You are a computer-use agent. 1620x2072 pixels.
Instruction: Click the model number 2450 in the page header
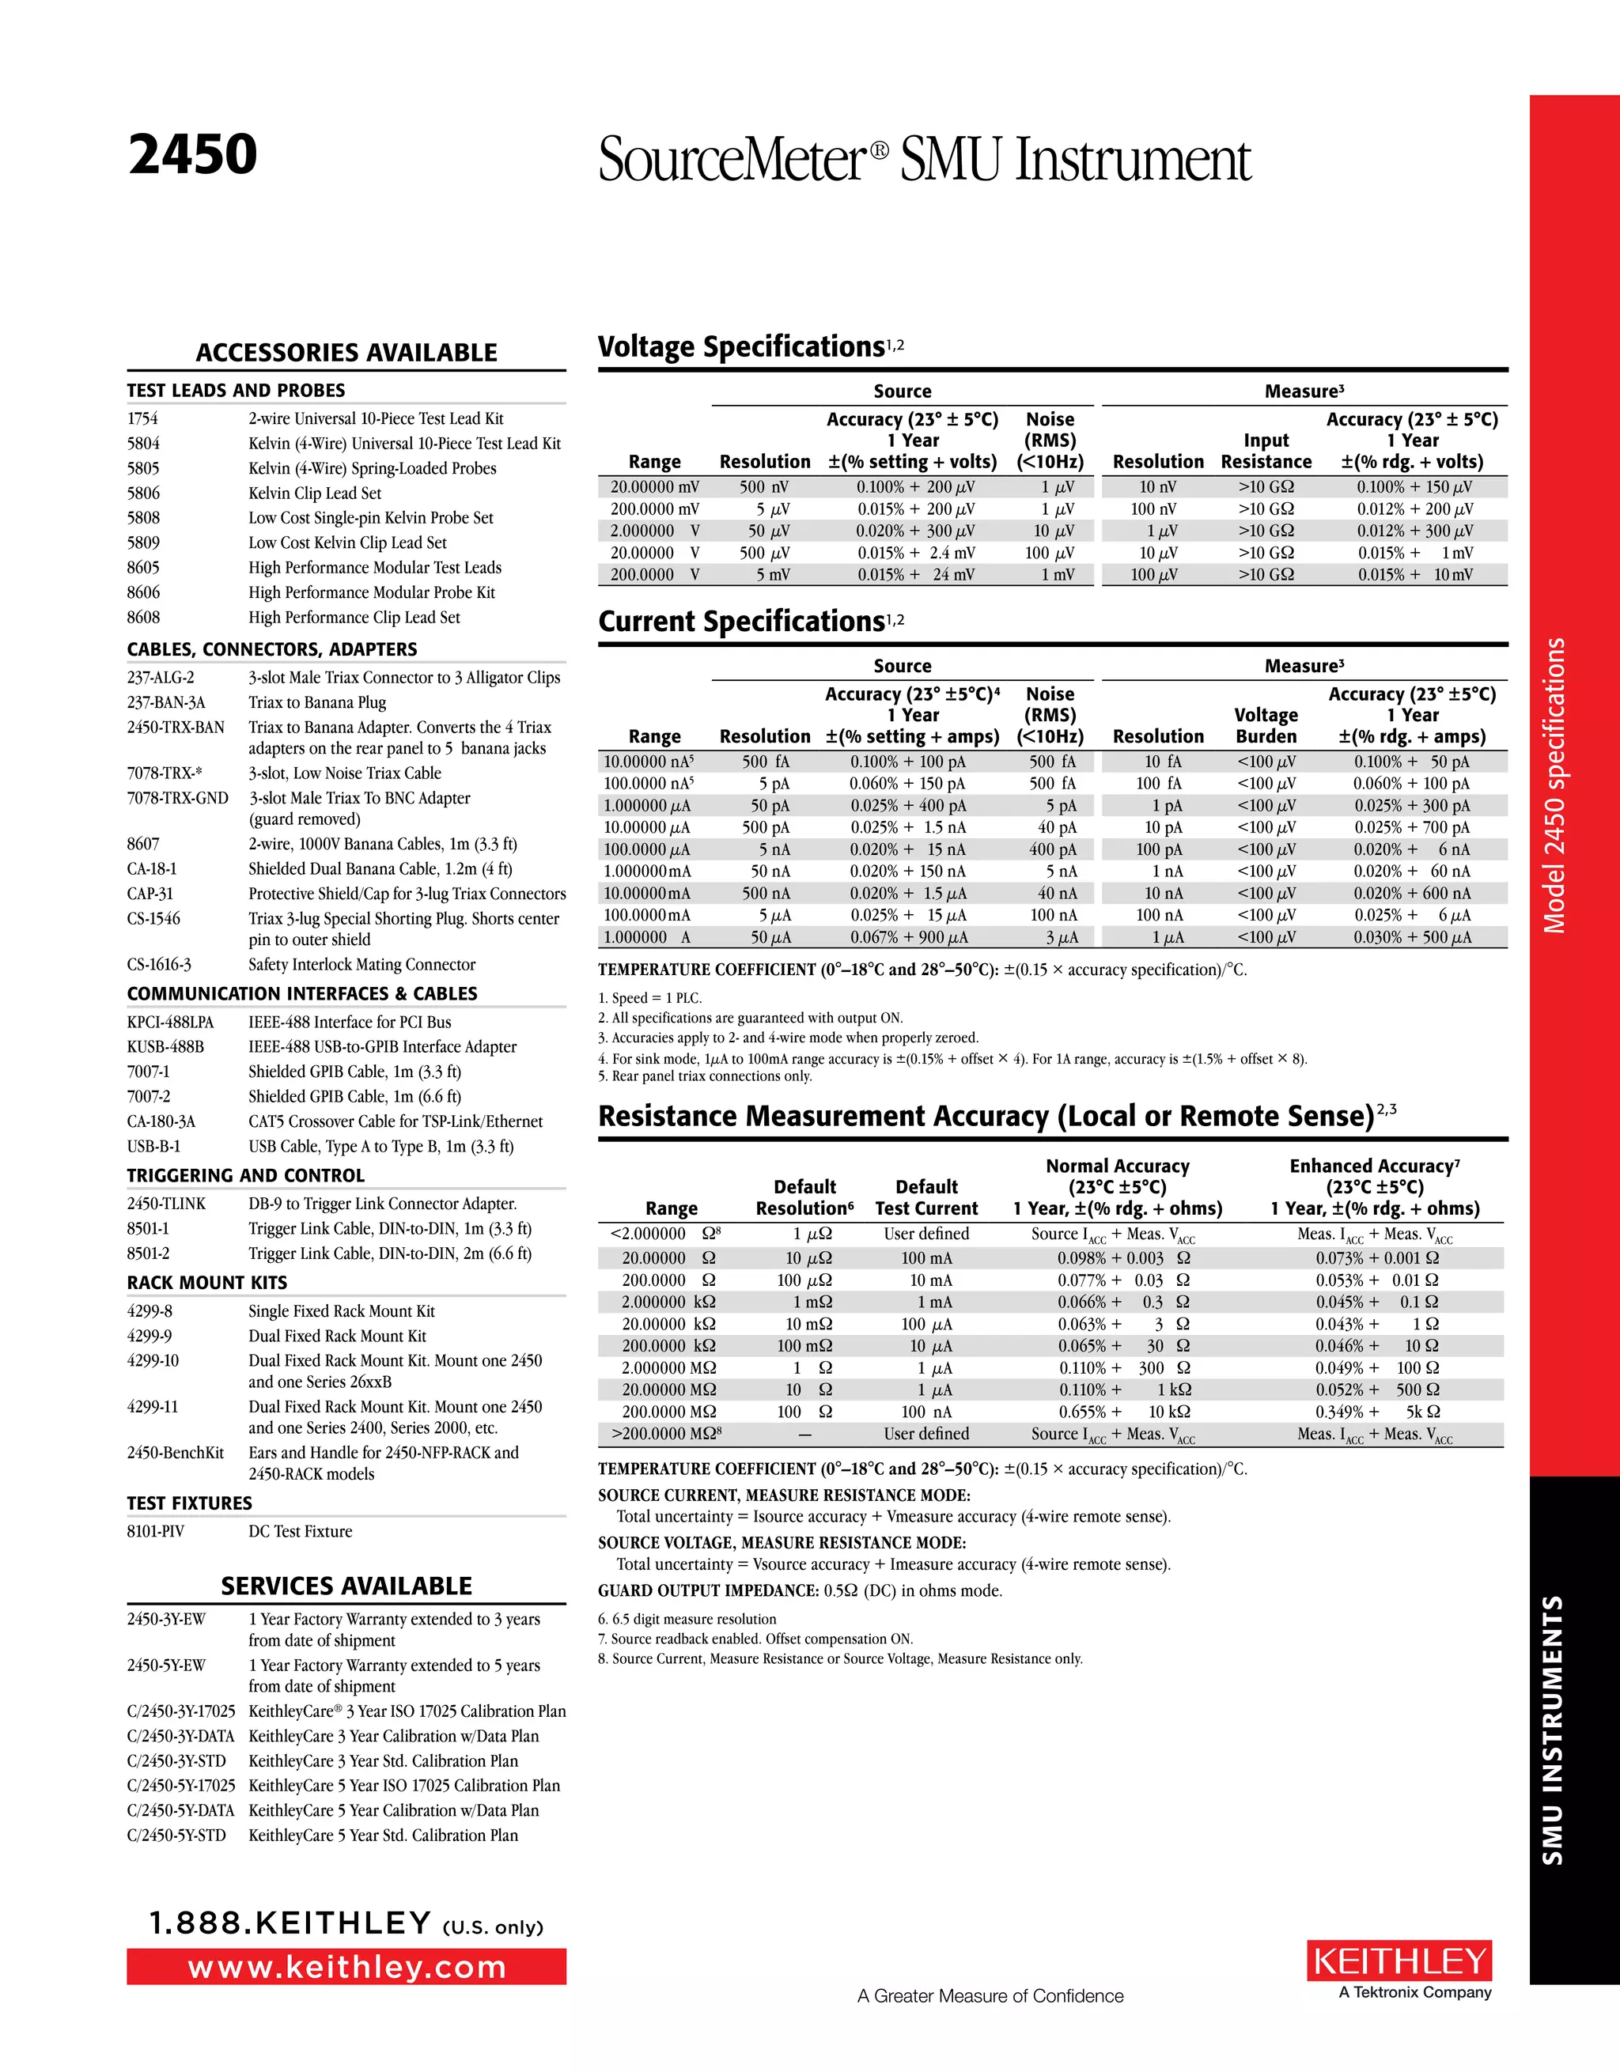tap(193, 156)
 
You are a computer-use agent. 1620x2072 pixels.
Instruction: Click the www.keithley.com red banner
tap(346, 1967)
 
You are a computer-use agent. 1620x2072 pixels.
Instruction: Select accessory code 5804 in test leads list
tap(143, 443)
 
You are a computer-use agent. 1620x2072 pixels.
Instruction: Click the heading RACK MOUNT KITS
tap(207, 1283)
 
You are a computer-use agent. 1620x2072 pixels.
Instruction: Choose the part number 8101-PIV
tap(156, 1531)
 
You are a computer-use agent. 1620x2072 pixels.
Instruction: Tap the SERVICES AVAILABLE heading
tap(346, 1586)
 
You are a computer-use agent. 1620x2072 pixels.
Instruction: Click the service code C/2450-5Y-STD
tap(176, 1835)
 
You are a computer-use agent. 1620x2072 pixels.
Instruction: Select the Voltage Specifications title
tap(741, 347)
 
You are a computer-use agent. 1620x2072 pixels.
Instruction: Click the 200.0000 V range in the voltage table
tap(655, 575)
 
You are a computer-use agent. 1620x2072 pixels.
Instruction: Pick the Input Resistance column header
tap(1266, 452)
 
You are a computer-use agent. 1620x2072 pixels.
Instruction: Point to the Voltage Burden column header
tap(1266, 726)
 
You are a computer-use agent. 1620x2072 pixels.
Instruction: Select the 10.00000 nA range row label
tap(649, 762)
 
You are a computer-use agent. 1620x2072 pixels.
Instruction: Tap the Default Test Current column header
tap(926, 1197)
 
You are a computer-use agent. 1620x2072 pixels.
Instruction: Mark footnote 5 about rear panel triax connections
tap(705, 1076)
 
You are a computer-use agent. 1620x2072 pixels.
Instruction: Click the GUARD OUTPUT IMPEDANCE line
tap(799, 1591)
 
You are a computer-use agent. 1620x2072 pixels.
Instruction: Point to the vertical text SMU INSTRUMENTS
tap(1552, 1730)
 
